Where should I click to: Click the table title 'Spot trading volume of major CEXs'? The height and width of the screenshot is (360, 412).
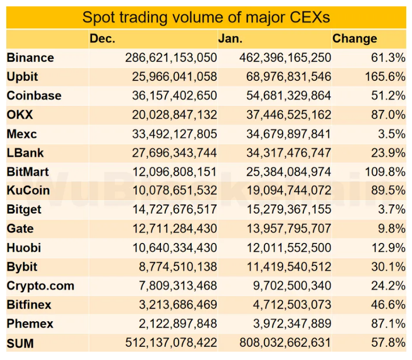[x=206, y=17]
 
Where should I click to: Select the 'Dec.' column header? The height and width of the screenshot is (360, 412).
[x=102, y=39]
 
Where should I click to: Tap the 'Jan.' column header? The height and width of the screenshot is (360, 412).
[x=230, y=39]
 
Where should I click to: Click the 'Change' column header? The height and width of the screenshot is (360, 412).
[x=354, y=39]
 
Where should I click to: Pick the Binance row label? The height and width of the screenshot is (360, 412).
[x=30, y=58]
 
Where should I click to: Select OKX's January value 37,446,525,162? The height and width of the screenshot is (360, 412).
[x=289, y=115]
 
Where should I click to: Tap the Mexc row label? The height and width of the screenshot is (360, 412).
[x=22, y=134]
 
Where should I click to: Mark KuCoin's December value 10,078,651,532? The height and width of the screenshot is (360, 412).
[x=174, y=191]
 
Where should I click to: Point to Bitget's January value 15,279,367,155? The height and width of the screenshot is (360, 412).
[x=289, y=210]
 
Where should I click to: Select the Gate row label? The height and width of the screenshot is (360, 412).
[x=20, y=229]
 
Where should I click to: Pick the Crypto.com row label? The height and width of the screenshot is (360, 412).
[x=41, y=286]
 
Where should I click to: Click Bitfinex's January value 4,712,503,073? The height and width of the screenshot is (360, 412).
[x=292, y=305]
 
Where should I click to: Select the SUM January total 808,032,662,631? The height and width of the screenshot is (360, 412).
[x=285, y=343]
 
